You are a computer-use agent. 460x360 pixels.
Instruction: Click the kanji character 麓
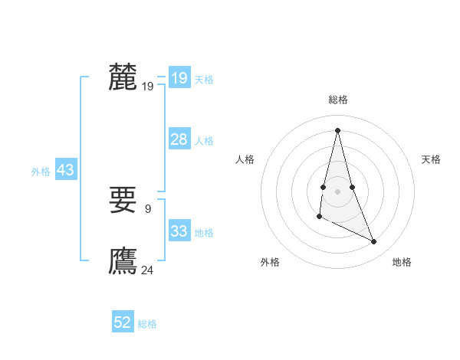click(x=123, y=77)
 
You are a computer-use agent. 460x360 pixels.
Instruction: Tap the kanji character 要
click(x=123, y=201)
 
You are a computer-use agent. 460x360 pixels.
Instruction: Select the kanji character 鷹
click(x=123, y=261)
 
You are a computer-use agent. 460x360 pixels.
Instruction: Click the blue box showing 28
click(x=179, y=139)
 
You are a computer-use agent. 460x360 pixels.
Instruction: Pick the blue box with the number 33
click(x=179, y=231)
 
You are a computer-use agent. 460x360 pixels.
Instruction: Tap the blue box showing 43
click(x=65, y=170)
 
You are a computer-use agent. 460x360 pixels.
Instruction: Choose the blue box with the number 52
click(x=123, y=322)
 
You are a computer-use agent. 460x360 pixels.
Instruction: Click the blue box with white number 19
click(x=179, y=78)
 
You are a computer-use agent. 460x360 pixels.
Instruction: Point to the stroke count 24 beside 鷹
click(x=148, y=270)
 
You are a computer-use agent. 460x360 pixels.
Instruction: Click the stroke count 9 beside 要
click(x=148, y=208)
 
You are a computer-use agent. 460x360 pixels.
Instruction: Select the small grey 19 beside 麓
click(x=148, y=87)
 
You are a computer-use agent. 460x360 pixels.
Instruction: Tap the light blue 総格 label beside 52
click(x=147, y=324)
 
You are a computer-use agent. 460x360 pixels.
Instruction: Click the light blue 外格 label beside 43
click(x=41, y=172)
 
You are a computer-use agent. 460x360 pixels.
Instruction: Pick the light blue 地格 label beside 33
click(x=204, y=233)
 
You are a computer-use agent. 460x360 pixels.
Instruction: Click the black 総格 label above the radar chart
click(x=337, y=100)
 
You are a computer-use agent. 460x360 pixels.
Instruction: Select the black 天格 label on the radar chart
click(x=431, y=159)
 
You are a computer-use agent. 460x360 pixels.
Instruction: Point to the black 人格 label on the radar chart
click(x=245, y=159)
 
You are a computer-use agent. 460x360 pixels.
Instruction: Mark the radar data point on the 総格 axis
click(x=337, y=129)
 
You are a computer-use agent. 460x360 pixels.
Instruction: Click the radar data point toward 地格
click(x=374, y=242)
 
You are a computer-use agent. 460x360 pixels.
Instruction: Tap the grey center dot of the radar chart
click(x=337, y=190)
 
